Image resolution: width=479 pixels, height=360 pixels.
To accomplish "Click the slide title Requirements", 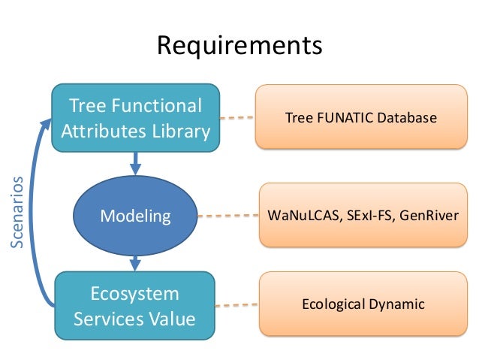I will [239, 46].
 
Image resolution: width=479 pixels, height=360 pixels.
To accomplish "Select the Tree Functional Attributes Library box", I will [135, 118].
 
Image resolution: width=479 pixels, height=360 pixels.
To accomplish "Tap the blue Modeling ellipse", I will [136, 216].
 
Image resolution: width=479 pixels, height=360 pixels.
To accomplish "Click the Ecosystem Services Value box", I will [135, 305].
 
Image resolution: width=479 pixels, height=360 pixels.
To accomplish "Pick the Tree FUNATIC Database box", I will [360, 118].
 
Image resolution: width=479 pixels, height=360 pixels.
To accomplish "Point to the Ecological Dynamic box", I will [363, 304].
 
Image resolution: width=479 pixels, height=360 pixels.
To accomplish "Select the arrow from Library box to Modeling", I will [136, 162].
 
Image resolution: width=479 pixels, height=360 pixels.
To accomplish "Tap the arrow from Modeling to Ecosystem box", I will [136, 262].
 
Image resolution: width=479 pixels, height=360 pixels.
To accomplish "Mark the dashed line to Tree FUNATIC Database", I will [236, 117].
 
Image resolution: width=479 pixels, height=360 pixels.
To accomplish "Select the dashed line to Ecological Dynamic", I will [236, 305].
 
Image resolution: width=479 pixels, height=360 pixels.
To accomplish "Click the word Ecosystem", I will [135, 293].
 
